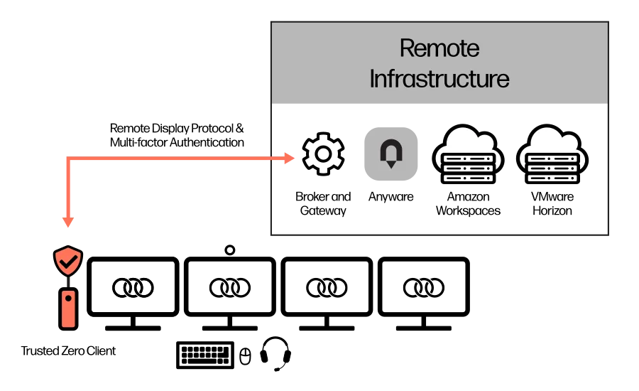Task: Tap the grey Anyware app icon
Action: point(390,154)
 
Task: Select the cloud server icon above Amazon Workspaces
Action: point(469,154)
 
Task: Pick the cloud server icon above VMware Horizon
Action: point(552,154)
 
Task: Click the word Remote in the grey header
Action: point(439,48)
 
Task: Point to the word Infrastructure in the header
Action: point(439,79)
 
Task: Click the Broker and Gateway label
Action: point(323,203)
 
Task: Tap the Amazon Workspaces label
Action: point(469,203)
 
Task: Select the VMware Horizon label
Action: point(552,203)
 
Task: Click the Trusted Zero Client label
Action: point(68,351)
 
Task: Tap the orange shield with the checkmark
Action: point(68,260)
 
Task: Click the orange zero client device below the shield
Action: point(68,308)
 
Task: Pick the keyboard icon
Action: point(205,355)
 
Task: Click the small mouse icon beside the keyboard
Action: point(245,356)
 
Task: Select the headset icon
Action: point(275,353)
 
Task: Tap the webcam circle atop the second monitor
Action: point(230,250)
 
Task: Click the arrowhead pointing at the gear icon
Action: point(289,159)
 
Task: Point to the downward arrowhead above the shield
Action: point(68,222)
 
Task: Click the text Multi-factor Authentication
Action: point(177,142)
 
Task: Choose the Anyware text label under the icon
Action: point(390,197)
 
